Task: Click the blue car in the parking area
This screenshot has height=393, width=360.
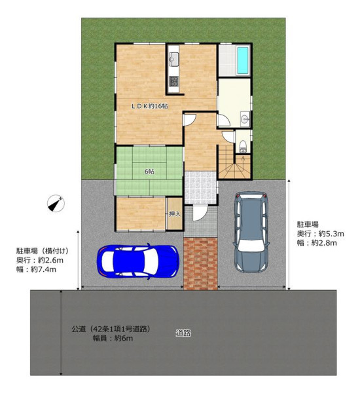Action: [138, 261]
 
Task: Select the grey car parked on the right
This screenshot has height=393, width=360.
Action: [251, 232]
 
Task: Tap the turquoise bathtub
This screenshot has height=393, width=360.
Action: [242, 61]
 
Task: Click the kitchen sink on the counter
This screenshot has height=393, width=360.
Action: [173, 60]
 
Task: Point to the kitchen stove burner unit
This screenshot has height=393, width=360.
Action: [173, 81]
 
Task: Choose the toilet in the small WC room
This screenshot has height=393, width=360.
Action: [242, 146]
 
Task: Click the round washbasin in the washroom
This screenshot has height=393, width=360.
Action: [245, 119]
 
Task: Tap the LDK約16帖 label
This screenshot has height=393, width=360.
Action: [150, 106]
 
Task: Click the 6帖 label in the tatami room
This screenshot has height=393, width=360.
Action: [149, 172]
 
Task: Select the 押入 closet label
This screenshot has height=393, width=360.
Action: [175, 214]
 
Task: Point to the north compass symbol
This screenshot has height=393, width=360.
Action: [56, 203]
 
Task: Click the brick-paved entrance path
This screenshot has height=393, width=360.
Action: [200, 264]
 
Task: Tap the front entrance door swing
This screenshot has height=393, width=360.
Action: [200, 214]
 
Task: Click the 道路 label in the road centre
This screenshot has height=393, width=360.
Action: [183, 333]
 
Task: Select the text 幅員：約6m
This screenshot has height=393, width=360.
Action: [113, 339]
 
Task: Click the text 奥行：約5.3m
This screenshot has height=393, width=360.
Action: [321, 234]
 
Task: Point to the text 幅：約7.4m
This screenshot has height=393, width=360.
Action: [36, 269]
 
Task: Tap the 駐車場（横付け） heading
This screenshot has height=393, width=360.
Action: [43, 251]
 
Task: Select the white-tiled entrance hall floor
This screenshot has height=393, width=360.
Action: [200, 188]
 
